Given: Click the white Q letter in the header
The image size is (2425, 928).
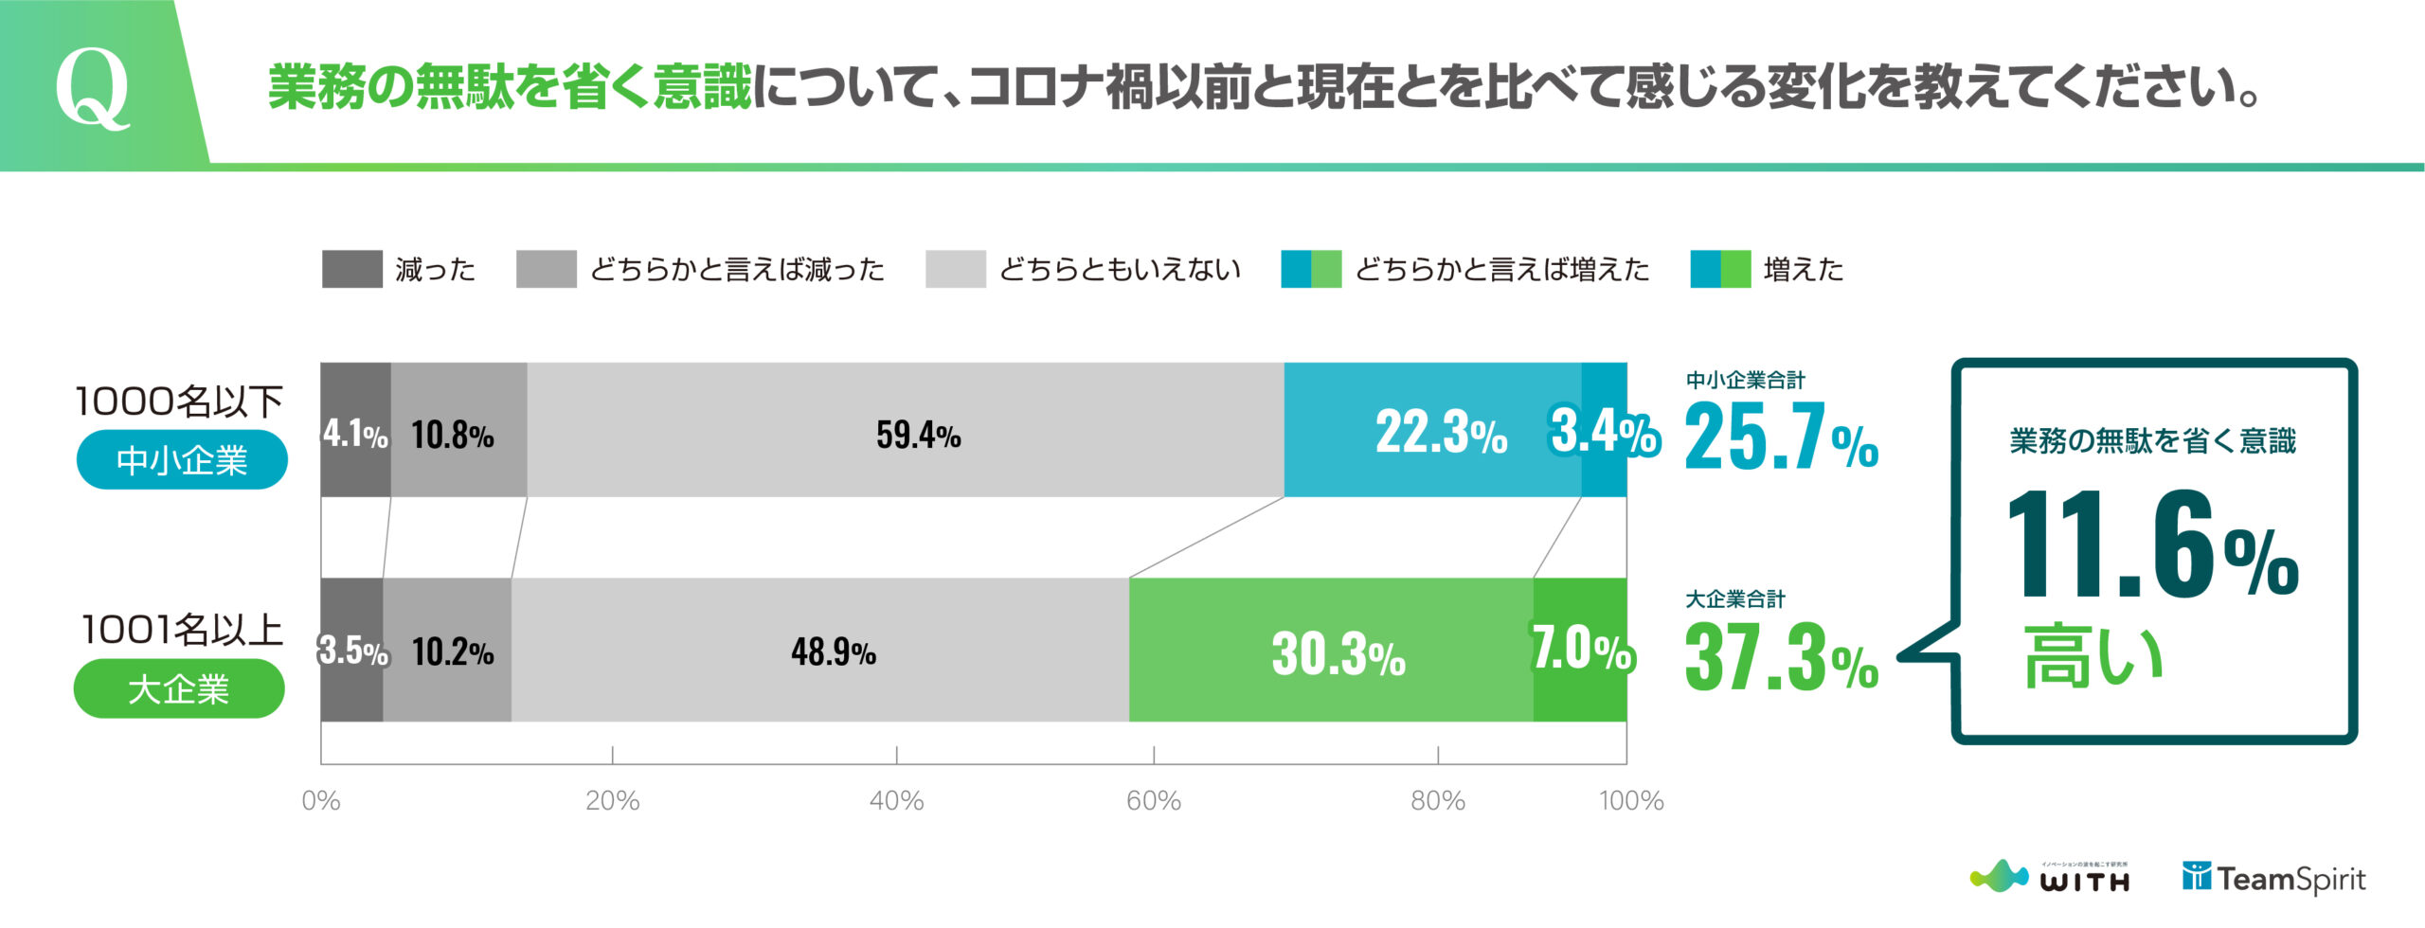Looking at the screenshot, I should (x=92, y=87).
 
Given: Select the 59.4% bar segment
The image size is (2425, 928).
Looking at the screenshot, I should (x=906, y=431).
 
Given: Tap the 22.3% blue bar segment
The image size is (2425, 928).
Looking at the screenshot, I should (x=1432, y=431).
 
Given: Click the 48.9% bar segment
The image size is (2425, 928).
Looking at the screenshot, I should (x=820, y=651).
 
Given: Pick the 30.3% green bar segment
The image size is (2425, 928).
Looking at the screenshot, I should (x=1331, y=651).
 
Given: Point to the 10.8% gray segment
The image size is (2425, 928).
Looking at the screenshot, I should (x=458, y=431).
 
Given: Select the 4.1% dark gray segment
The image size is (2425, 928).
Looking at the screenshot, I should (x=355, y=431).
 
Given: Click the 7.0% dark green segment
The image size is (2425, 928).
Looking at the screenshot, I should (x=1580, y=651).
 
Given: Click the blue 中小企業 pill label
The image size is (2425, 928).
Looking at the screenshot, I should (x=182, y=460).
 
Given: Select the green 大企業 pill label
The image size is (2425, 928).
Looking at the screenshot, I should (x=179, y=688).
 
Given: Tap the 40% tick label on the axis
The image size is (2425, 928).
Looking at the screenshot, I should (x=896, y=801).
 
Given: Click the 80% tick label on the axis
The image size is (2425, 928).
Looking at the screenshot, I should (x=1437, y=801).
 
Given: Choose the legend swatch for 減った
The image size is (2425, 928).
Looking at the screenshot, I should (x=351, y=269).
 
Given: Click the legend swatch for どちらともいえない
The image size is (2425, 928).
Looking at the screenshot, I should (x=955, y=269).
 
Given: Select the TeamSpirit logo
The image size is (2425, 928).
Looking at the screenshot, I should (x=2273, y=879).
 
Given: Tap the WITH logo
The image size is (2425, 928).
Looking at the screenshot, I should (x=2051, y=878).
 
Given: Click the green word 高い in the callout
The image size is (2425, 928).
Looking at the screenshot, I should (x=2093, y=656).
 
